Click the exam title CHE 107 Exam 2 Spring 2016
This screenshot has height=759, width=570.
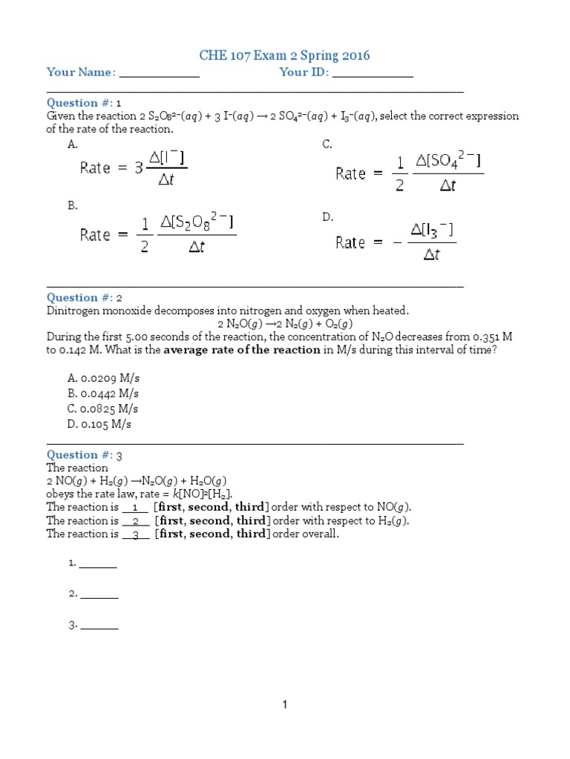coord(285,56)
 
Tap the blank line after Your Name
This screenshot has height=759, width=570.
coord(159,73)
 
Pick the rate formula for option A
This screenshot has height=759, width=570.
coord(134,168)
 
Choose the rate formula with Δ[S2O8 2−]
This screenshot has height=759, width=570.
coord(158,234)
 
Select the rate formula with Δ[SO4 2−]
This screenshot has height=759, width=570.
coord(409,173)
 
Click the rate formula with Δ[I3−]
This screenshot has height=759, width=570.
coord(396,242)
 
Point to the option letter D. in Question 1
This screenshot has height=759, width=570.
coord(327,216)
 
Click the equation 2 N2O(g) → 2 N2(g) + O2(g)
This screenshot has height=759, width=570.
coord(285,324)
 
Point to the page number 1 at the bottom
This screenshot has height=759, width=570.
coord(284,705)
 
